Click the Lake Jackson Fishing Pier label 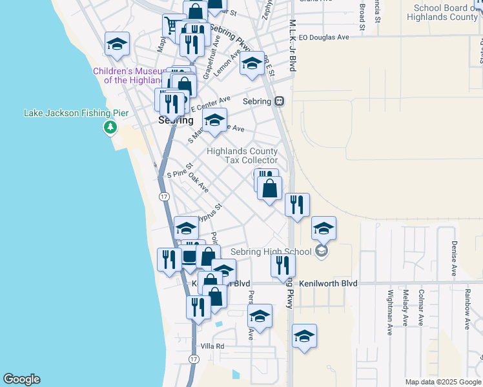pos(76,113)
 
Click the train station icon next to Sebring pos(280,101)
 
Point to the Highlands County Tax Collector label pos(242,155)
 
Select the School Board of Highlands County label pos(446,12)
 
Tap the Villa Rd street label pos(211,346)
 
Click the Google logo pos(21,379)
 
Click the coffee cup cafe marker pos(189,256)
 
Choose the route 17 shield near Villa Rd pos(193,358)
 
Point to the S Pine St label pos(180,171)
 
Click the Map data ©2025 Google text pos(442,382)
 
